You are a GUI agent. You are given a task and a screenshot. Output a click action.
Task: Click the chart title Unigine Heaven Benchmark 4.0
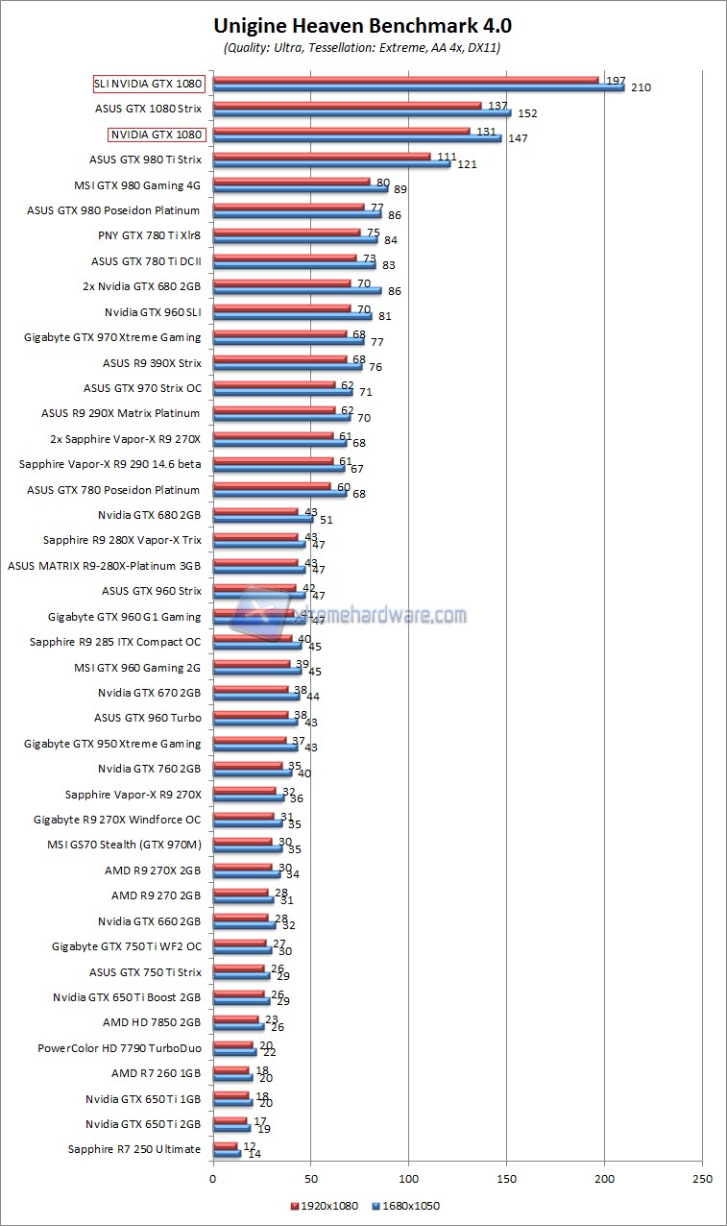pos(362,25)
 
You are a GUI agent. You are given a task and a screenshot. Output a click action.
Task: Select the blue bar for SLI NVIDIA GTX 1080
pos(418,87)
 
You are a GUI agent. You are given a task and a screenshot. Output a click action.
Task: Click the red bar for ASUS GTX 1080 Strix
pos(347,105)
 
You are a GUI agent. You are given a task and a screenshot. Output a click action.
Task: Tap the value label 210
pos(641,88)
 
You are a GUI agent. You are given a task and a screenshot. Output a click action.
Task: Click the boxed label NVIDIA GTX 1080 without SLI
pos(157,135)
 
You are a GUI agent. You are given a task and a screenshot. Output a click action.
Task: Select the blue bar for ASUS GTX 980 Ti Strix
pos(331,163)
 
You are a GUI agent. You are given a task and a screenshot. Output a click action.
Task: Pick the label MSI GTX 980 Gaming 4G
pos(137,185)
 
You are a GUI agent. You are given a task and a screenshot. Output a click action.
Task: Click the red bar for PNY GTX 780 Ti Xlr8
pos(286,232)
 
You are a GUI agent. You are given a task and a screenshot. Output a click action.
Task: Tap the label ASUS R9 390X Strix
pos(152,363)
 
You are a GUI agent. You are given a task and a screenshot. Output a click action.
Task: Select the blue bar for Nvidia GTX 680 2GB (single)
pos(262,519)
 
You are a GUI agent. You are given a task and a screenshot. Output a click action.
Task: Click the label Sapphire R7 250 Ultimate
pos(134,1149)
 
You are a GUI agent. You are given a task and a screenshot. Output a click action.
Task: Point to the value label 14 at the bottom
pos(254,1153)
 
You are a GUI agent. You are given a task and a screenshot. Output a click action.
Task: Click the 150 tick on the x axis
pos(507,1180)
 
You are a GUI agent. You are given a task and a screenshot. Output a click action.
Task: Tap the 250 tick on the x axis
pos(702,1180)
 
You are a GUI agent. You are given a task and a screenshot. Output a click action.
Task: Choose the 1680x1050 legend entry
pos(408,1206)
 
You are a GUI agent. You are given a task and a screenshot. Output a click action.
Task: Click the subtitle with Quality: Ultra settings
pos(362,46)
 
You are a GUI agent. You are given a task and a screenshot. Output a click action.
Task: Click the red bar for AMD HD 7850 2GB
pos(235,1018)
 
